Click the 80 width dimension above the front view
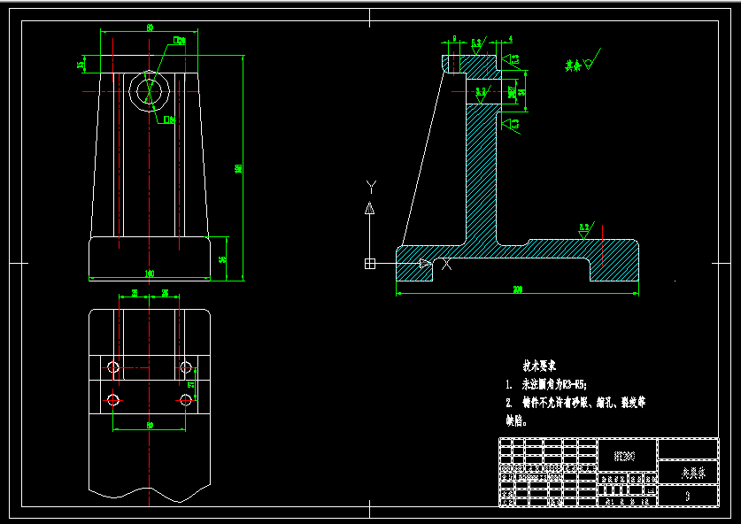(x=150, y=28)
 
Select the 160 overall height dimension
(x=238, y=168)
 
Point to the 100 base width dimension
(x=149, y=274)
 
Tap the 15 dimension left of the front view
(x=81, y=64)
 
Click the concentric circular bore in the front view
(x=149, y=89)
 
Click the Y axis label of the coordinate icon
(x=372, y=187)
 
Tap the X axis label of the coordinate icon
(x=446, y=264)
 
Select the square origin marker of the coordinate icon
(x=369, y=264)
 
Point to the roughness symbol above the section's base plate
(x=584, y=229)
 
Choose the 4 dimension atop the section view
(x=511, y=40)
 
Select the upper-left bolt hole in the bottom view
(x=112, y=366)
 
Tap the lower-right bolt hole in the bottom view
(x=185, y=400)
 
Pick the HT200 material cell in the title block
(x=625, y=457)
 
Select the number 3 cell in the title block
(x=688, y=497)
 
